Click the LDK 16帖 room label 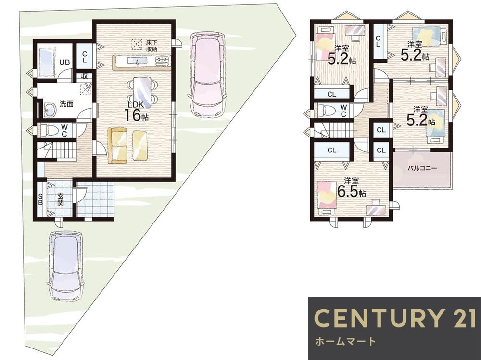click(x=136, y=111)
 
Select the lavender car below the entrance click(x=65, y=265)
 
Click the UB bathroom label click(x=64, y=62)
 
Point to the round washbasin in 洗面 click(x=50, y=110)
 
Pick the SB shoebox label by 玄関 click(x=40, y=199)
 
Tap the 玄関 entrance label click(x=61, y=199)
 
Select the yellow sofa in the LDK click(x=117, y=146)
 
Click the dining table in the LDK click(x=142, y=92)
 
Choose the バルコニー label click(x=422, y=168)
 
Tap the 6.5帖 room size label click(x=351, y=192)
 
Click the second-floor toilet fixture click(x=326, y=110)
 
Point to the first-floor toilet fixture click(x=48, y=130)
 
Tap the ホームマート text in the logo click(x=345, y=341)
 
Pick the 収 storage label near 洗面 click(x=84, y=76)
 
